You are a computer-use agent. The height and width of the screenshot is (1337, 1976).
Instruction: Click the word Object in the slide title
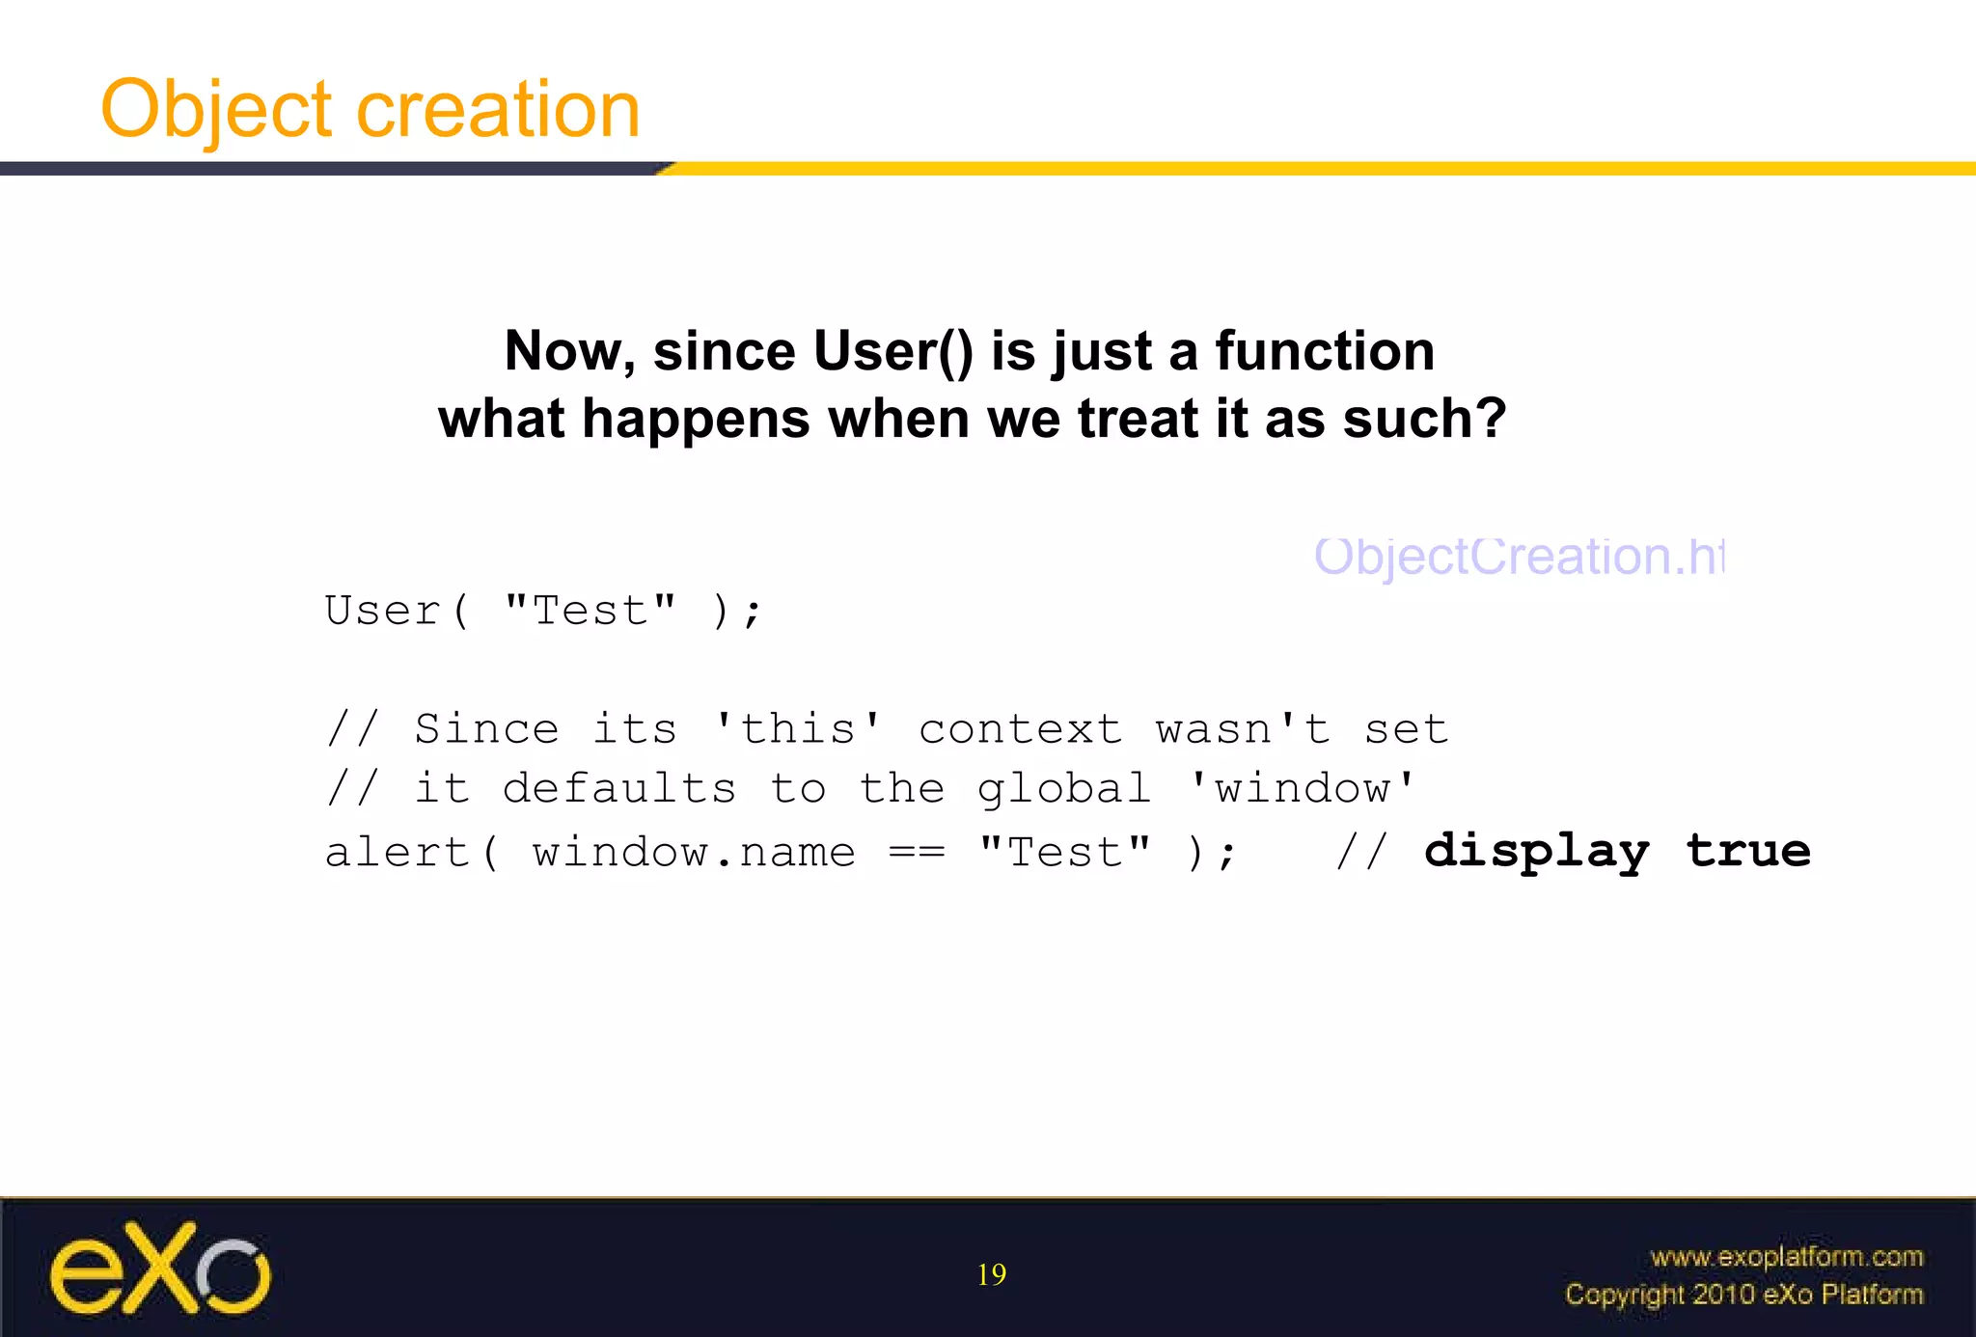pos(217,110)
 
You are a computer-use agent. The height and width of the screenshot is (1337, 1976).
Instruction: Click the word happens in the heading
pos(696,419)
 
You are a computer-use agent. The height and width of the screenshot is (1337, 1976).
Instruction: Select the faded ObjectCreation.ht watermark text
pos(1519,557)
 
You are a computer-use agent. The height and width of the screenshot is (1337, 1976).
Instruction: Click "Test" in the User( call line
pos(590,611)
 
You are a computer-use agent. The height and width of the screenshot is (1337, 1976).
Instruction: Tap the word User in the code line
pos(383,611)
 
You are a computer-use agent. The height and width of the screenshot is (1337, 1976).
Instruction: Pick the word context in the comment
pos(1020,729)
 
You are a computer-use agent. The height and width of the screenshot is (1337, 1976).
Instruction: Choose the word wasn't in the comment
pos(1243,729)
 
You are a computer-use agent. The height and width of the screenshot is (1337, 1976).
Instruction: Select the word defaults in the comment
pos(619,789)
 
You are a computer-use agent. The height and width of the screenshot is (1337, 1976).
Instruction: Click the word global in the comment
pos(1064,789)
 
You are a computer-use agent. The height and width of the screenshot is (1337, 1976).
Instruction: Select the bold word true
pos(1747,851)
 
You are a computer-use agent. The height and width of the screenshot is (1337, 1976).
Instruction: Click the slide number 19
pos(991,1275)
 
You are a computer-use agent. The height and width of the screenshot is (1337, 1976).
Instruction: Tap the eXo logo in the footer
pos(160,1269)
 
